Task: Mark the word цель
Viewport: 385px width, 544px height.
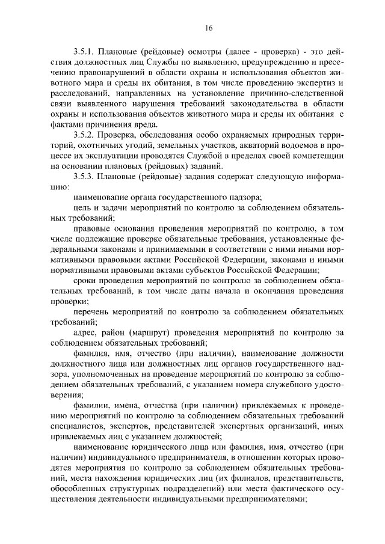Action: point(82,209)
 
